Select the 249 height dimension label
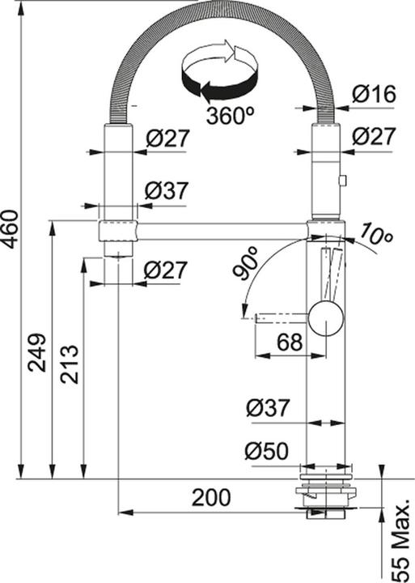(38, 352)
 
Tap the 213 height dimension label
(70, 364)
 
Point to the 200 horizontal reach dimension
(211, 497)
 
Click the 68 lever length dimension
(290, 342)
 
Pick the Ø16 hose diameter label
(374, 94)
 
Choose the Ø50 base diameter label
(266, 451)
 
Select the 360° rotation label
(231, 116)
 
